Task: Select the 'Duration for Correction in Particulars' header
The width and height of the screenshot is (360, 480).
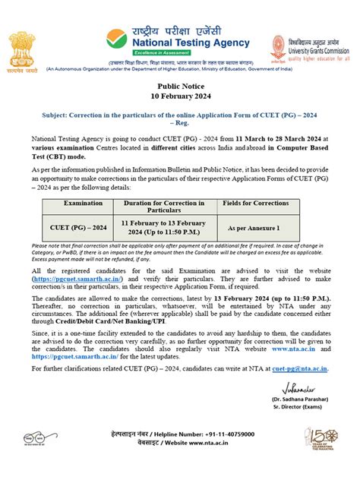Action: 164,207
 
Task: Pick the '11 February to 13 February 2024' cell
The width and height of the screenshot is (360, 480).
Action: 164,226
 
